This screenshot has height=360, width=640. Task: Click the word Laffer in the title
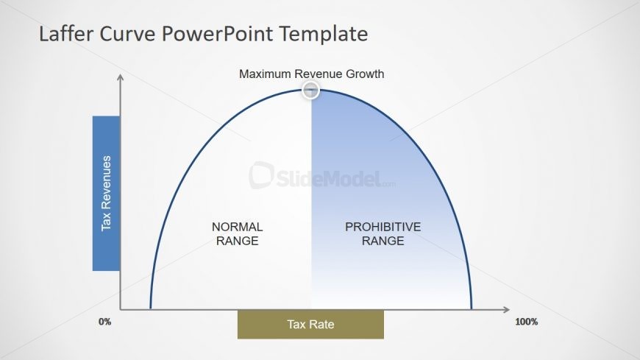65,34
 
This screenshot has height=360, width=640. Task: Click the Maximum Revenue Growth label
311,74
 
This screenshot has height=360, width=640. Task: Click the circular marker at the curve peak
311,91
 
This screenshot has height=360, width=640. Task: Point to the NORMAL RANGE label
237,233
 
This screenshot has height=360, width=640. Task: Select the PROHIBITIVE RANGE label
383,233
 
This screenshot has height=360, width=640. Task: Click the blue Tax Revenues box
106,193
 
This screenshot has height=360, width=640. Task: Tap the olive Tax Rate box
310,324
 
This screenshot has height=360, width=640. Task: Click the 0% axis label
104,322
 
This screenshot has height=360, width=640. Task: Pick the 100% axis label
526,322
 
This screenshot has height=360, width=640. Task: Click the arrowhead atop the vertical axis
120,77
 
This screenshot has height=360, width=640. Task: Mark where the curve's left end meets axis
150,308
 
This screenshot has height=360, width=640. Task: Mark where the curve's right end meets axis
471,308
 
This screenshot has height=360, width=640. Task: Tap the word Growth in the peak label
366,74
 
